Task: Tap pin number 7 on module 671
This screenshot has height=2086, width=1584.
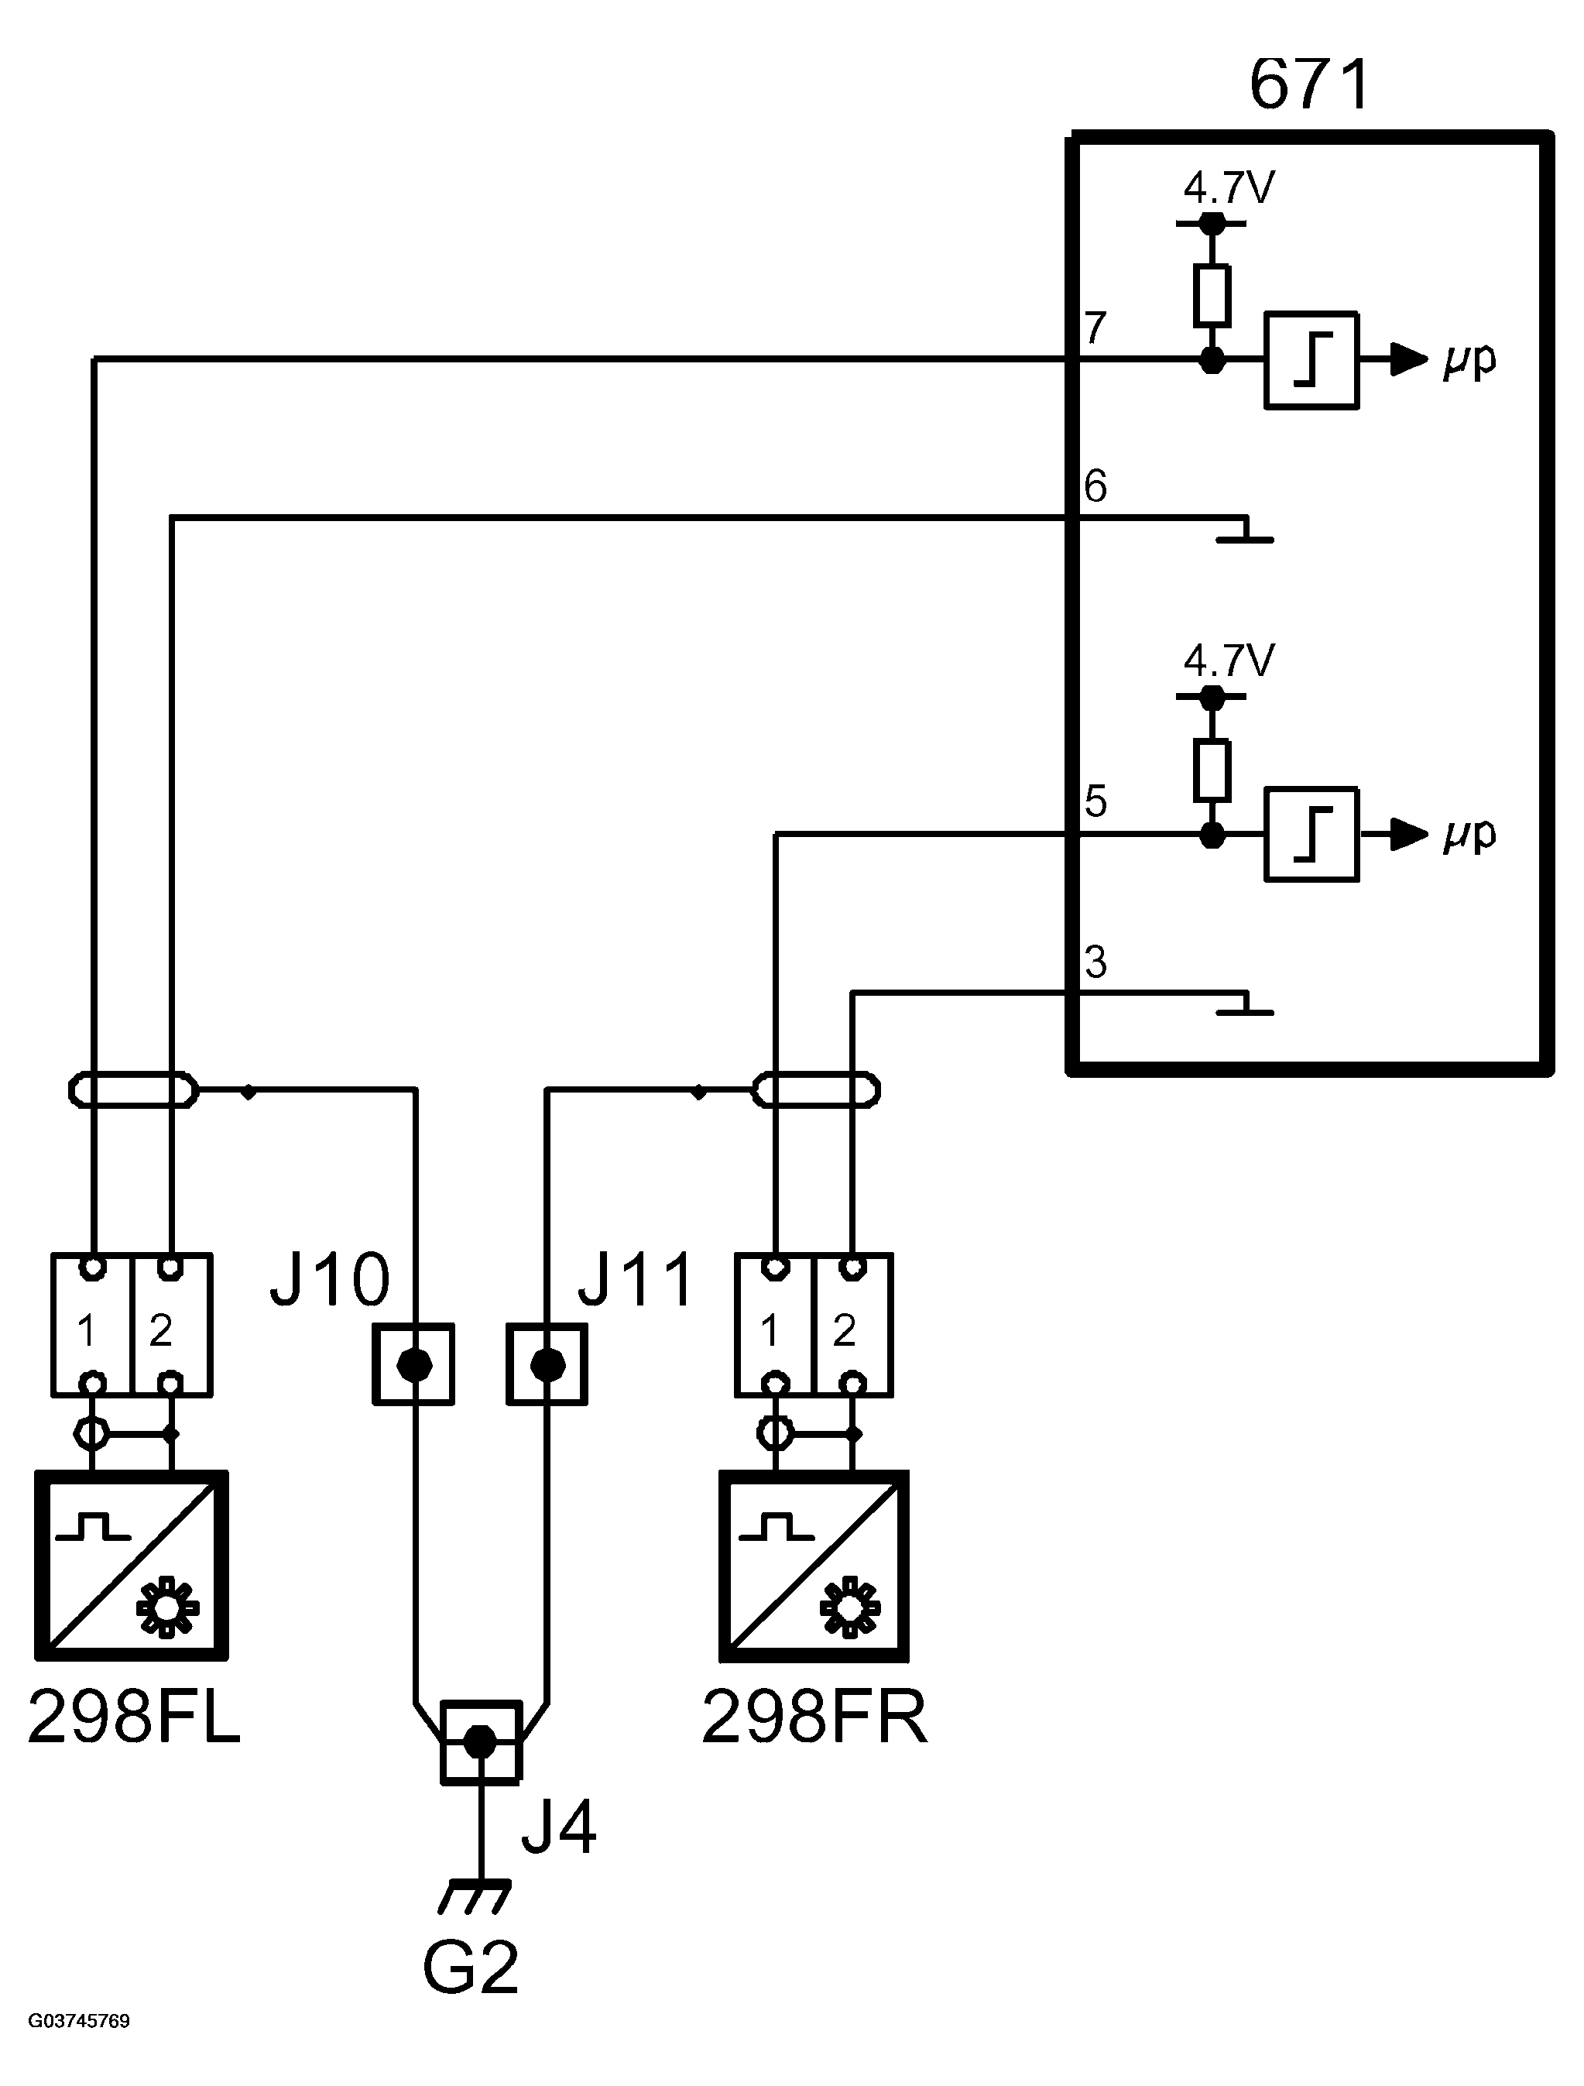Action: [x=1095, y=328]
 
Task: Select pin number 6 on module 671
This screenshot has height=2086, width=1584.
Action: [x=1095, y=485]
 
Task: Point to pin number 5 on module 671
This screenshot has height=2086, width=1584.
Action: [x=1095, y=801]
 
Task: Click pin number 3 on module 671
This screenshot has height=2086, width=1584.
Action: [x=1095, y=962]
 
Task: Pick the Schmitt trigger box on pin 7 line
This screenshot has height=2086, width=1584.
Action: [x=1311, y=360]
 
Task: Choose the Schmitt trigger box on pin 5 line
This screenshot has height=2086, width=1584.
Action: [x=1311, y=835]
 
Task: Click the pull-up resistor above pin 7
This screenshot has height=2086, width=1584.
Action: [x=1212, y=296]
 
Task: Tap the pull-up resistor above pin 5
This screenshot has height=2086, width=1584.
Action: [x=1212, y=770]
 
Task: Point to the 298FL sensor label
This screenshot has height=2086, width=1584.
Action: [x=134, y=1717]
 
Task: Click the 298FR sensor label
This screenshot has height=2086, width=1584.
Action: [x=814, y=1717]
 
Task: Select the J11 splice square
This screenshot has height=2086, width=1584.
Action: [x=547, y=1364]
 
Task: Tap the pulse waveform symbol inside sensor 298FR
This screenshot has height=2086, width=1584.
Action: [x=776, y=1528]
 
